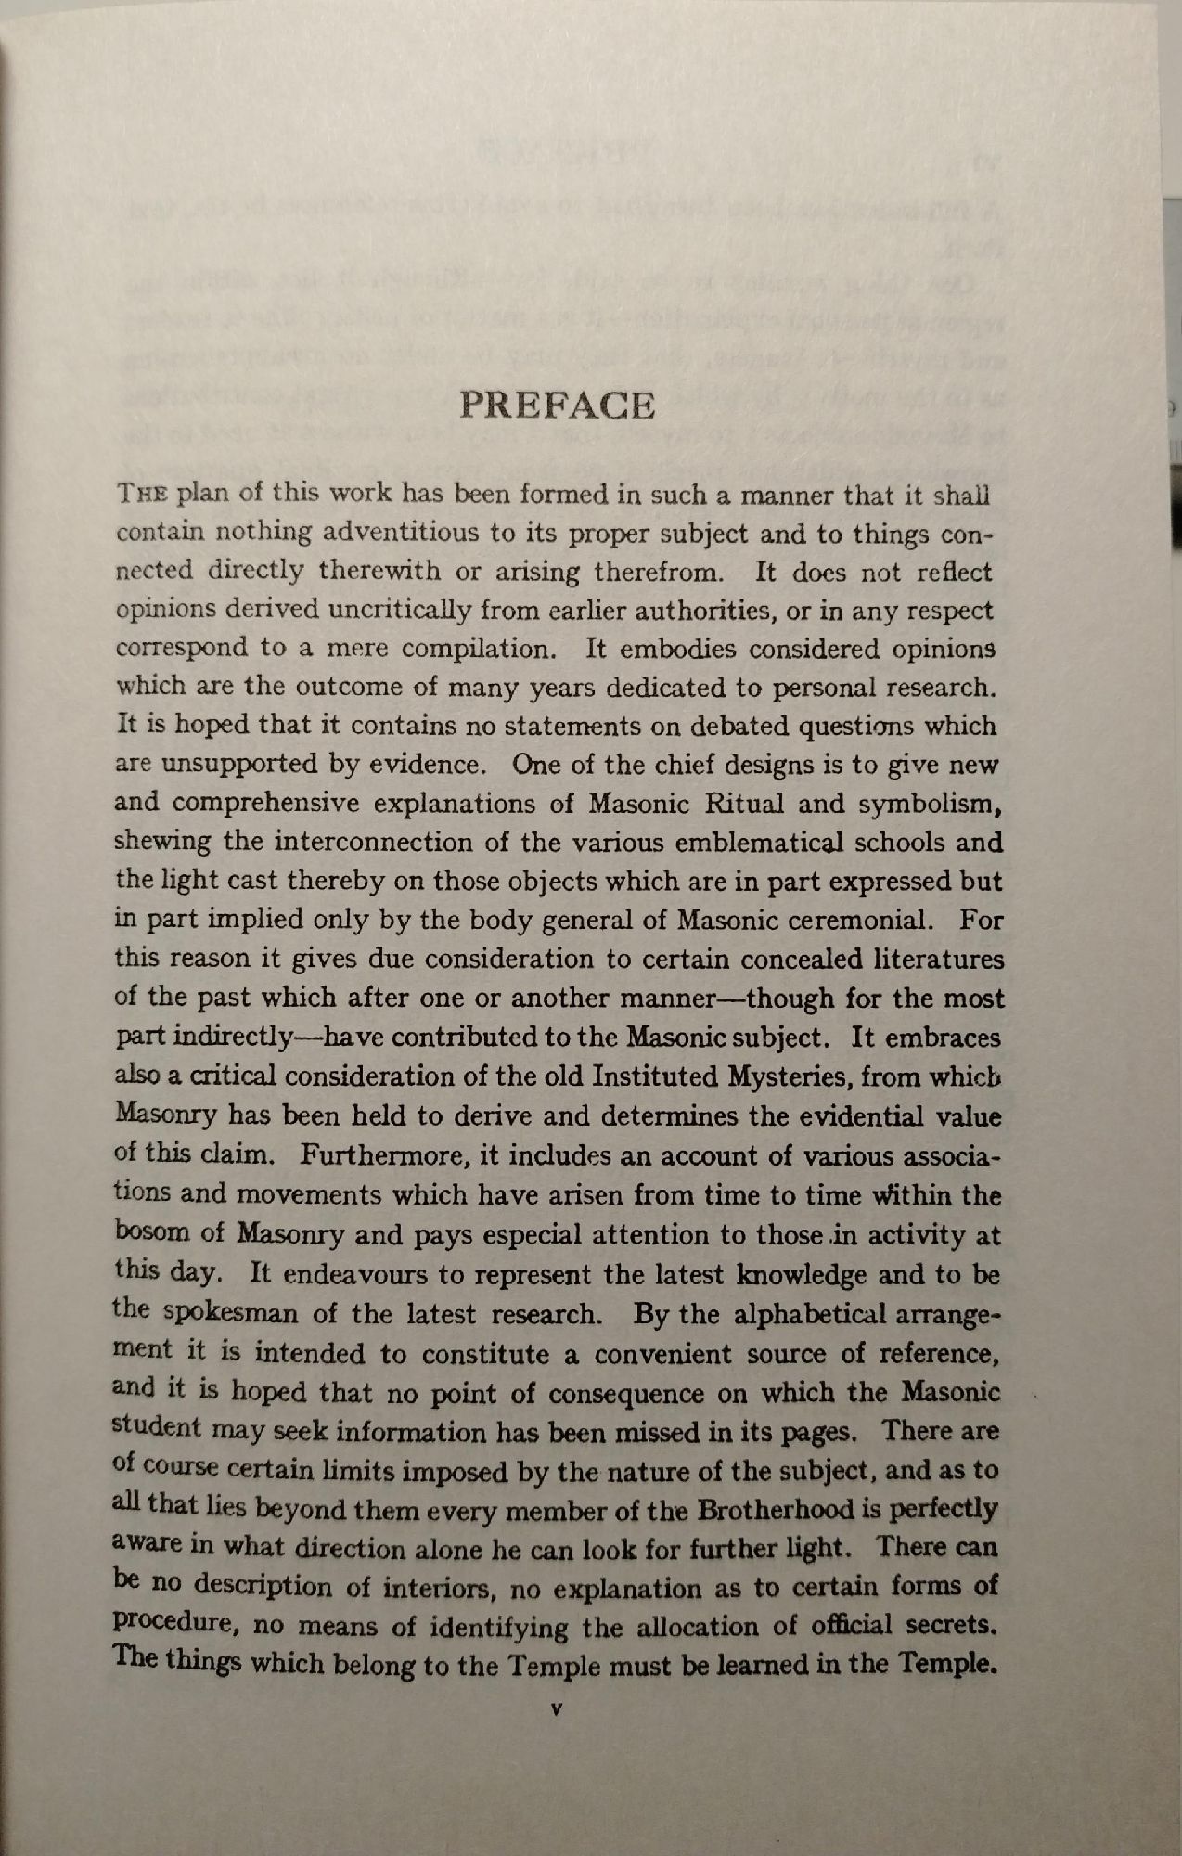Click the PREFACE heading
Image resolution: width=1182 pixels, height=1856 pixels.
pyautogui.click(x=557, y=406)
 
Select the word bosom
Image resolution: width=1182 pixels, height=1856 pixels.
pyautogui.click(x=151, y=1233)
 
